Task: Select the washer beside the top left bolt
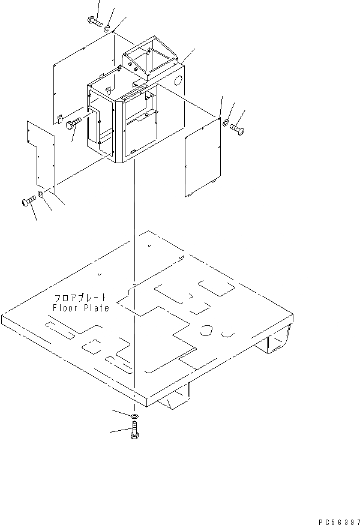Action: (107, 28)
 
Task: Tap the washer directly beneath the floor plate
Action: (134, 416)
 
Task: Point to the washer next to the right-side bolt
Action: (225, 123)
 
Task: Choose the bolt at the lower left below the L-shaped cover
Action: (28, 202)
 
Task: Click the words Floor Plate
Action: (80, 308)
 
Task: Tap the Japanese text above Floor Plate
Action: (80, 298)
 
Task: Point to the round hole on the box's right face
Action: (178, 82)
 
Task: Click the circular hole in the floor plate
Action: (206, 330)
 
